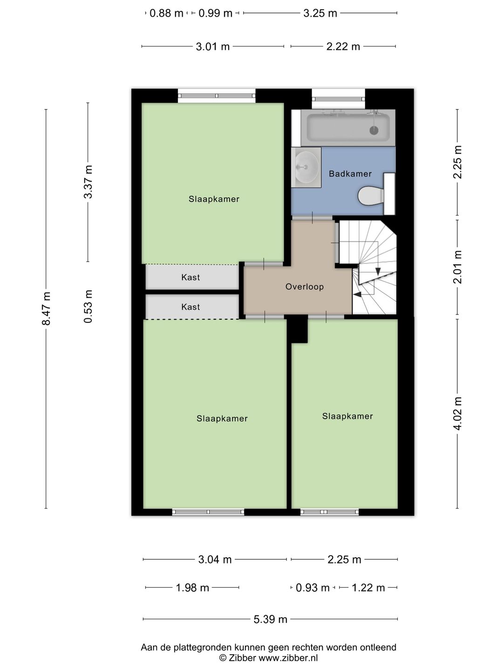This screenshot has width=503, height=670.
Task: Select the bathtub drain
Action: click(374, 130)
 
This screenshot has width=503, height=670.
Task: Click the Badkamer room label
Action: click(350, 174)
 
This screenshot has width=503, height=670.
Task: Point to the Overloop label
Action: click(305, 287)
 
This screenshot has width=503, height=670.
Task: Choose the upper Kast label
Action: click(190, 277)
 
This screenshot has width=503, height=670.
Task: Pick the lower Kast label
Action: click(190, 307)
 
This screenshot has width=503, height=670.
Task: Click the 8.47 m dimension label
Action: click(47, 308)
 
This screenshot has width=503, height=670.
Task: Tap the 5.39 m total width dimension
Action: click(270, 619)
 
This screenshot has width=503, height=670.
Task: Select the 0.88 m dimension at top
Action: click(166, 13)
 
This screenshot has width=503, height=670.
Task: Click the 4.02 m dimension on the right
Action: click(457, 414)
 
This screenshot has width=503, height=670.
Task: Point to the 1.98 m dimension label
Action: click(192, 588)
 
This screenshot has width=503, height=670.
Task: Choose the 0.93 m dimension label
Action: click(313, 588)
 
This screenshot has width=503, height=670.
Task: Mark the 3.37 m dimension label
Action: click(88, 182)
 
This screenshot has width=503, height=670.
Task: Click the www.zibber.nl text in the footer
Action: click(288, 658)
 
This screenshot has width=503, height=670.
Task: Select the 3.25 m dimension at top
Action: click(320, 13)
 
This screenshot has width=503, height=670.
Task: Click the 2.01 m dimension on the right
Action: click(457, 267)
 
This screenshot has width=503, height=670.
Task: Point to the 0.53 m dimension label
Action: click(88, 307)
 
